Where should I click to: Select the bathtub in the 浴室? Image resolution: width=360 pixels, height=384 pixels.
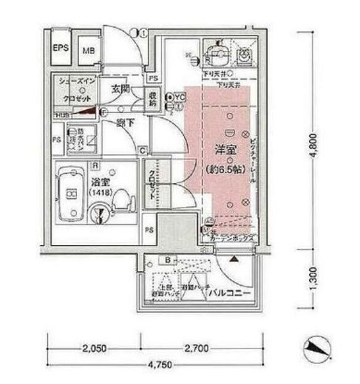[72, 195]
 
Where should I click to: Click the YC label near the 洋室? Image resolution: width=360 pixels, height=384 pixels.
[180, 96]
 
